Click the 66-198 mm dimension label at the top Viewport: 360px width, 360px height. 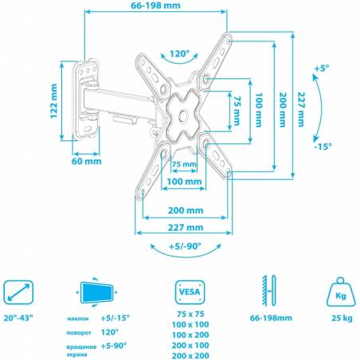(155, 6)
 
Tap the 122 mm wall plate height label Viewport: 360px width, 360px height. (54, 101)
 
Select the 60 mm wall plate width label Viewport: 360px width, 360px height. (87, 161)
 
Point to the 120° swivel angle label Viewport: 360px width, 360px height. (179, 54)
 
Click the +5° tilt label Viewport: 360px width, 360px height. (322, 68)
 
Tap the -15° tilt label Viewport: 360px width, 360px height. (323, 146)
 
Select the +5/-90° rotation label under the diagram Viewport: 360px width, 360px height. (185, 246)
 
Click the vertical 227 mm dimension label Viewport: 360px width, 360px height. (301, 109)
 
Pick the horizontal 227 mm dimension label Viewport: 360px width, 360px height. (186, 228)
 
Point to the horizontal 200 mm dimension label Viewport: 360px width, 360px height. (186, 210)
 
